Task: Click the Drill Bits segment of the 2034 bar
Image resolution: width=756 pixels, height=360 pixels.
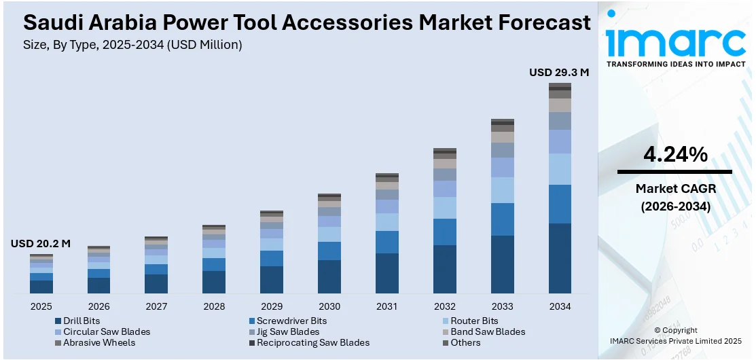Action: click(x=560, y=258)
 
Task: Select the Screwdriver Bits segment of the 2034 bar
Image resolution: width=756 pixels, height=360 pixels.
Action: click(x=560, y=204)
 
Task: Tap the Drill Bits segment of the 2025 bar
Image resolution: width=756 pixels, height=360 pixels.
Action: click(x=41, y=287)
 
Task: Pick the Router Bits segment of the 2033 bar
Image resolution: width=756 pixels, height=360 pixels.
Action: click(x=502, y=190)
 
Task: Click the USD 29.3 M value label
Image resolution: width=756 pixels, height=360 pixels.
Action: click(x=558, y=72)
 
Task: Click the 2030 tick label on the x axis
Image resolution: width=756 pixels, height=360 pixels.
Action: click(x=329, y=306)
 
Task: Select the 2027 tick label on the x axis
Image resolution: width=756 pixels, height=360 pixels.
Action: click(x=156, y=306)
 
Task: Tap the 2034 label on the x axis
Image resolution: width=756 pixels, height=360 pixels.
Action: click(x=560, y=306)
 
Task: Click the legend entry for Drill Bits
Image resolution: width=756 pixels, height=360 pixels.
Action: click(x=81, y=321)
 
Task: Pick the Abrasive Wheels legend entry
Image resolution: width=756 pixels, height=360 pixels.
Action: click(x=99, y=342)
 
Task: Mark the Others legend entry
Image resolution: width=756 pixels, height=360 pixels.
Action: click(x=465, y=342)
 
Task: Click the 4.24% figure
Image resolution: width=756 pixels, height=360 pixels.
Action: click(x=675, y=155)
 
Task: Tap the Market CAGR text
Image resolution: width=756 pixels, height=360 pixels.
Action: click(x=675, y=188)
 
